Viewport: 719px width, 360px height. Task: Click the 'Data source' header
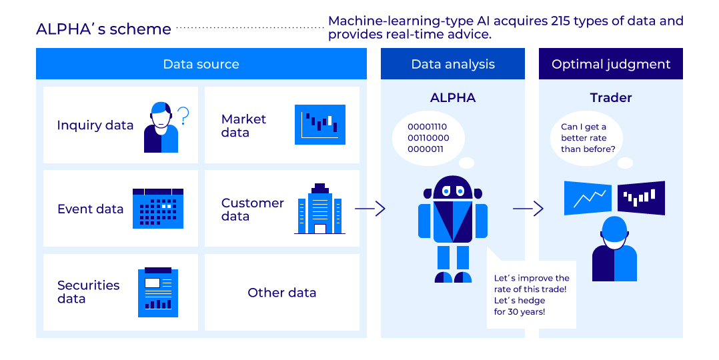point(201,65)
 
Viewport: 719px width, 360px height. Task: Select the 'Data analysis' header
point(453,65)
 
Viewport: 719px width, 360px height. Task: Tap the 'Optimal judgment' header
point(611,65)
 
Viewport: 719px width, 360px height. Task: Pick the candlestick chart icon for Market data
point(320,125)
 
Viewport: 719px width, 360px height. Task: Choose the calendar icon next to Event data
point(158,209)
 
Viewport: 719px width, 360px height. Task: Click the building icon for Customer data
point(320,209)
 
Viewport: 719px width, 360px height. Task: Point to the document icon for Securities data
point(158,293)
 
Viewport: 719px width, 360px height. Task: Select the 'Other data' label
point(281,293)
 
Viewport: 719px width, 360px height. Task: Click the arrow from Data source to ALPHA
point(370,209)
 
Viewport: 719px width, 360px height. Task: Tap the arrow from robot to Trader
point(528,209)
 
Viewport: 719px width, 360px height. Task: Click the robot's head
point(453,189)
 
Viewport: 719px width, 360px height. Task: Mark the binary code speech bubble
point(428,138)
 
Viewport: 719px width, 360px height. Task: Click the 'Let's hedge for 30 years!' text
point(520,306)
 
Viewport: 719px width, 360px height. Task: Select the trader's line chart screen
point(588,198)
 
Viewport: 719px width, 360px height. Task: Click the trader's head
point(614,230)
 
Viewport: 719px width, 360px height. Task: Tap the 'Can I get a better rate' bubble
point(588,138)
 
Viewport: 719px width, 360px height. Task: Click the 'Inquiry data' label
point(95,125)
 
